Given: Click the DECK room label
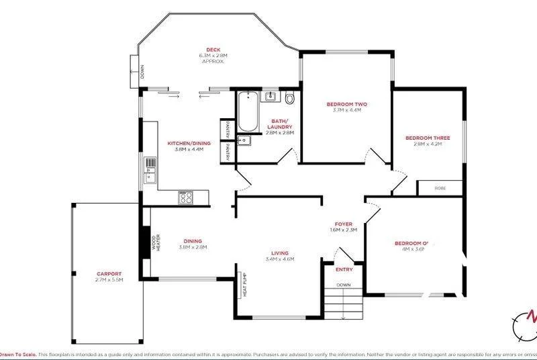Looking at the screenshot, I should [x=213, y=49].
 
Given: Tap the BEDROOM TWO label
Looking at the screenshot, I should [x=347, y=104].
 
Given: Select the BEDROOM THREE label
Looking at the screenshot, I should [x=427, y=138].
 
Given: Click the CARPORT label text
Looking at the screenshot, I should [x=109, y=273].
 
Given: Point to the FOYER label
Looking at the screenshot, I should [x=344, y=224].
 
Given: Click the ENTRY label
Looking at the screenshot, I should [x=344, y=269].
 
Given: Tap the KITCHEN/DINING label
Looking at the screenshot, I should [x=189, y=143].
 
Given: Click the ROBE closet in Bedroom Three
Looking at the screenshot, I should [x=440, y=188].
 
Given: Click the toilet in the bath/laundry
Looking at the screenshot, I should [x=289, y=99].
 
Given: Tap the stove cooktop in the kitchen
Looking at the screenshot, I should [x=186, y=197].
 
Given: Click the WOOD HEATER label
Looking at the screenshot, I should [x=155, y=242].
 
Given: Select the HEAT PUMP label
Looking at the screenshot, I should [x=246, y=287].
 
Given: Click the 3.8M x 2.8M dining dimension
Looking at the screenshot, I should [x=193, y=247].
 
